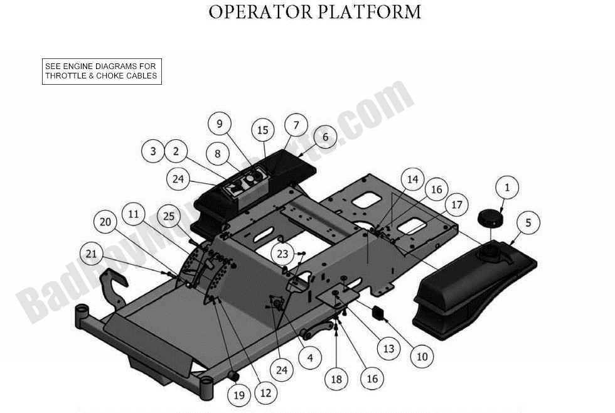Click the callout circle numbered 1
pos(507,187)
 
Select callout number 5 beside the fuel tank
pos(528,222)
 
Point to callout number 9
pos(220,124)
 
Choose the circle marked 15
pos(263,130)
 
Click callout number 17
pos(457,205)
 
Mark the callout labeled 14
pos(412,179)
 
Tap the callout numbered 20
pos(105,222)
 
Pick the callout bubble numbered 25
pos(168,216)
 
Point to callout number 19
pos(238,395)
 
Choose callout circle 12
pos(265,394)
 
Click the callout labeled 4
pos(310,357)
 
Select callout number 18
pos(337,379)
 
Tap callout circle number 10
pos(422,357)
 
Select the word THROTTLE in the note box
pos(65,76)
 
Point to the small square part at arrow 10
pos(378,313)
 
